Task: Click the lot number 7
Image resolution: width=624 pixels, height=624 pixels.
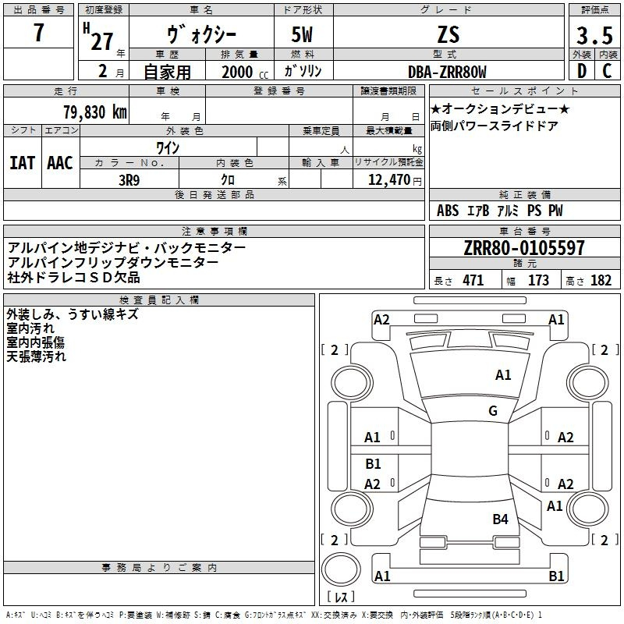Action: click(x=39, y=34)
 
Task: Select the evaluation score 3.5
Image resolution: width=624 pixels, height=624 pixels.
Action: click(x=594, y=37)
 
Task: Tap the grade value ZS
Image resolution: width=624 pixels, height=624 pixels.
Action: click(x=448, y=34)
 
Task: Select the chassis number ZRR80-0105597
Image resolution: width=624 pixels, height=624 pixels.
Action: click(x=523, y=249)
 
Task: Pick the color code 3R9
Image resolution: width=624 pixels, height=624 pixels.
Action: click(x=129, y=180)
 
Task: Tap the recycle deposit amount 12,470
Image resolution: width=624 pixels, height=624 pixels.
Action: click(x=388, y=180)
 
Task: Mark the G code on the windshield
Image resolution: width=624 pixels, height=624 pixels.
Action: click(x=493, y=410)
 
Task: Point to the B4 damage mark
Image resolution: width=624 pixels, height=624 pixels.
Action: click(x=500, y=519)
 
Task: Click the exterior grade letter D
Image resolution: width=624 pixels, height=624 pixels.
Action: click(x=581, y=72)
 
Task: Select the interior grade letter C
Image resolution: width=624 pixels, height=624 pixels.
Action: click(x=607, y=72)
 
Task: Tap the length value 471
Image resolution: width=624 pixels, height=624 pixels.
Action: click(x=473, y=281)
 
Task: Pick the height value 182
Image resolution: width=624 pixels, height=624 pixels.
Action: click(x=601, y=281)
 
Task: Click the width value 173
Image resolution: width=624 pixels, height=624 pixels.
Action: click(x=538, y=281)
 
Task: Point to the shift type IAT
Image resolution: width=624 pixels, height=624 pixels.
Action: click(x=23, y=163)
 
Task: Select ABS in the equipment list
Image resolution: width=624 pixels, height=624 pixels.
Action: click(x=448, y=211)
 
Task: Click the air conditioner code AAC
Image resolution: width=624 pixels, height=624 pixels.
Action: click(x=60, y=163)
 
